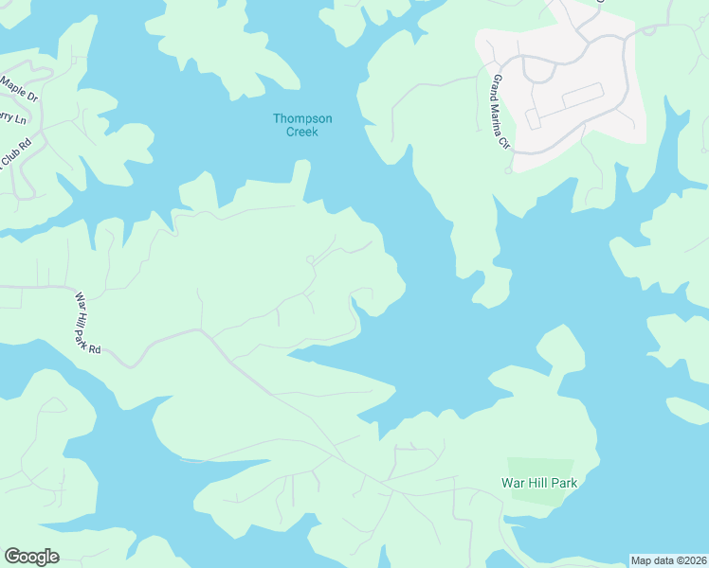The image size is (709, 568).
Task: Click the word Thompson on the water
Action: point(302,118)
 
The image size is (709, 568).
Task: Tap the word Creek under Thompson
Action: point(302,132)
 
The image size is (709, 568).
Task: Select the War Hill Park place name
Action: point(538,483)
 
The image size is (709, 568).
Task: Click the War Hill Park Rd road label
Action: point(87,323)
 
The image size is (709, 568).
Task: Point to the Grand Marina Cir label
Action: point(500,114)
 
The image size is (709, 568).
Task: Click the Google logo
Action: point(31,557)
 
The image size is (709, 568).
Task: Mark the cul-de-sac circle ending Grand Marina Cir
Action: point(508,170)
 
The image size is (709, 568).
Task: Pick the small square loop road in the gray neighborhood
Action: point(533,118)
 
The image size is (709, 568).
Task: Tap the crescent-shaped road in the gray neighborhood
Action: point(539,70)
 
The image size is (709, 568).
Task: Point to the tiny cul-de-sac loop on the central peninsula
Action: point(310,259)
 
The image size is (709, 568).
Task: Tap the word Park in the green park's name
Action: point(562,483)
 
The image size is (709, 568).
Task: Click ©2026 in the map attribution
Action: point(690,560)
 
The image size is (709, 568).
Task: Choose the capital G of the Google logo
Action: point(12,557)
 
